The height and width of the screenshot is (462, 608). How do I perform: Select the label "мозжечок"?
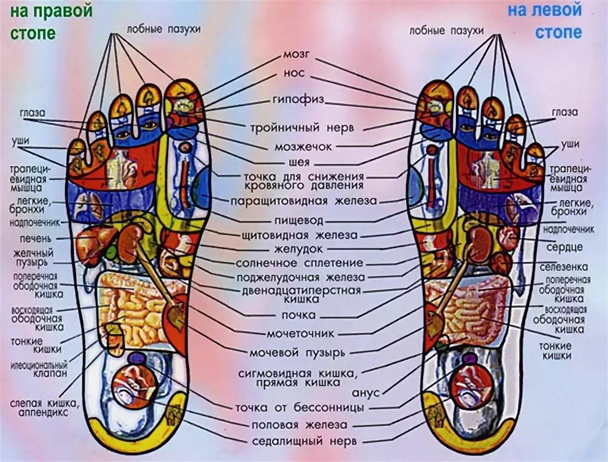pos(303,147)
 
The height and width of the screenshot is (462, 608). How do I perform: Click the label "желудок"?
pos(298,249)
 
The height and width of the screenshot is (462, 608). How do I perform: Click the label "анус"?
pos(366,393)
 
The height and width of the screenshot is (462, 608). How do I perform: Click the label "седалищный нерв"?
pos(304,441)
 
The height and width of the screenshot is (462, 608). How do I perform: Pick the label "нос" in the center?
pos(294,74)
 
